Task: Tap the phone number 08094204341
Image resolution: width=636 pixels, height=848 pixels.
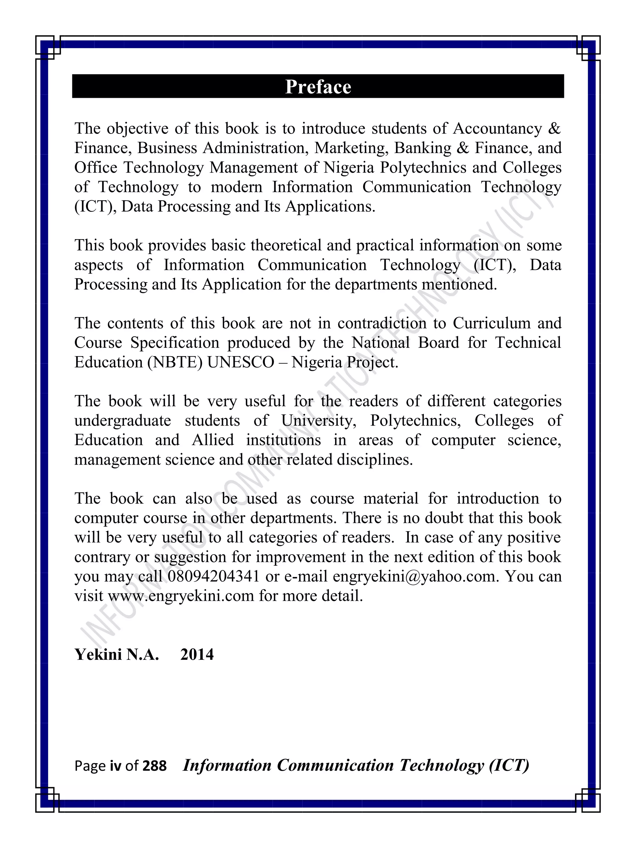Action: (214, 576)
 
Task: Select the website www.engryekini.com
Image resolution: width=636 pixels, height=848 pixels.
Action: (181, 596)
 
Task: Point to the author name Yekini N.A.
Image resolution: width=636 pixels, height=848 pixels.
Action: (116, 655)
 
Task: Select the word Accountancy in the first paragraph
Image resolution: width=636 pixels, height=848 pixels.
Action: (497, 129)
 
